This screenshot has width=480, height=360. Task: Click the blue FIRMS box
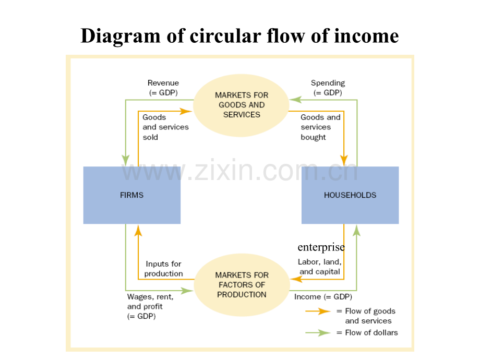point(131,195)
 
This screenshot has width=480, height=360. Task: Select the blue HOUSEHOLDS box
point(350,195)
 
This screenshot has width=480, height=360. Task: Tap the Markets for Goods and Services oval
point(241,105)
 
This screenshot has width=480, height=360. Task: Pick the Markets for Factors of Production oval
point(242,284)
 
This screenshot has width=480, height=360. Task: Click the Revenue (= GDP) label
point(163,88)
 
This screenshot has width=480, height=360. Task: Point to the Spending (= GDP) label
point(328,88)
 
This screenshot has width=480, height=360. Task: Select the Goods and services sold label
point(165,127)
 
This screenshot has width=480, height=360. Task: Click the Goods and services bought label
point(320,127)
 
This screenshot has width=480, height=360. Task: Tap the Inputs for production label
point(163,269)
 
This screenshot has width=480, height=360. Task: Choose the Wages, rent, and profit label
point(150,306)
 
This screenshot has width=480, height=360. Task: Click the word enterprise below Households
point(321,247)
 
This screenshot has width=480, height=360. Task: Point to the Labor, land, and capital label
point(319,267)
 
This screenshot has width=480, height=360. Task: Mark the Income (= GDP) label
point(323,297)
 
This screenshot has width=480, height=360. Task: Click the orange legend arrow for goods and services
point(318,311)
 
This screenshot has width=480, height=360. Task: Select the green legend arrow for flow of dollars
point(318,332)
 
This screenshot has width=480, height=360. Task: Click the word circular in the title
point(220,35)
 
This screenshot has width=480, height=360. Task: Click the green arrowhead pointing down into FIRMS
point(126,160)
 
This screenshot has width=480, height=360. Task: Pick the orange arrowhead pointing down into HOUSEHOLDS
point(344,160)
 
